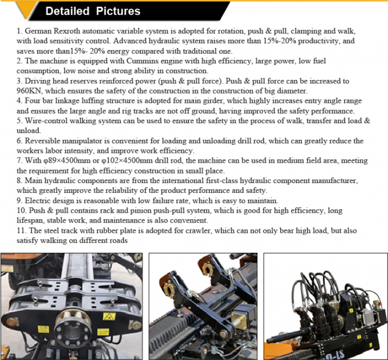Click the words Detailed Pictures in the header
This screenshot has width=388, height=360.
(92, 11)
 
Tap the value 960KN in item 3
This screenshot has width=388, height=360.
(31, 91)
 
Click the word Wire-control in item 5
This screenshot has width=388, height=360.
(48, 120)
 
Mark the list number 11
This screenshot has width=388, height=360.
(21, 230)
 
